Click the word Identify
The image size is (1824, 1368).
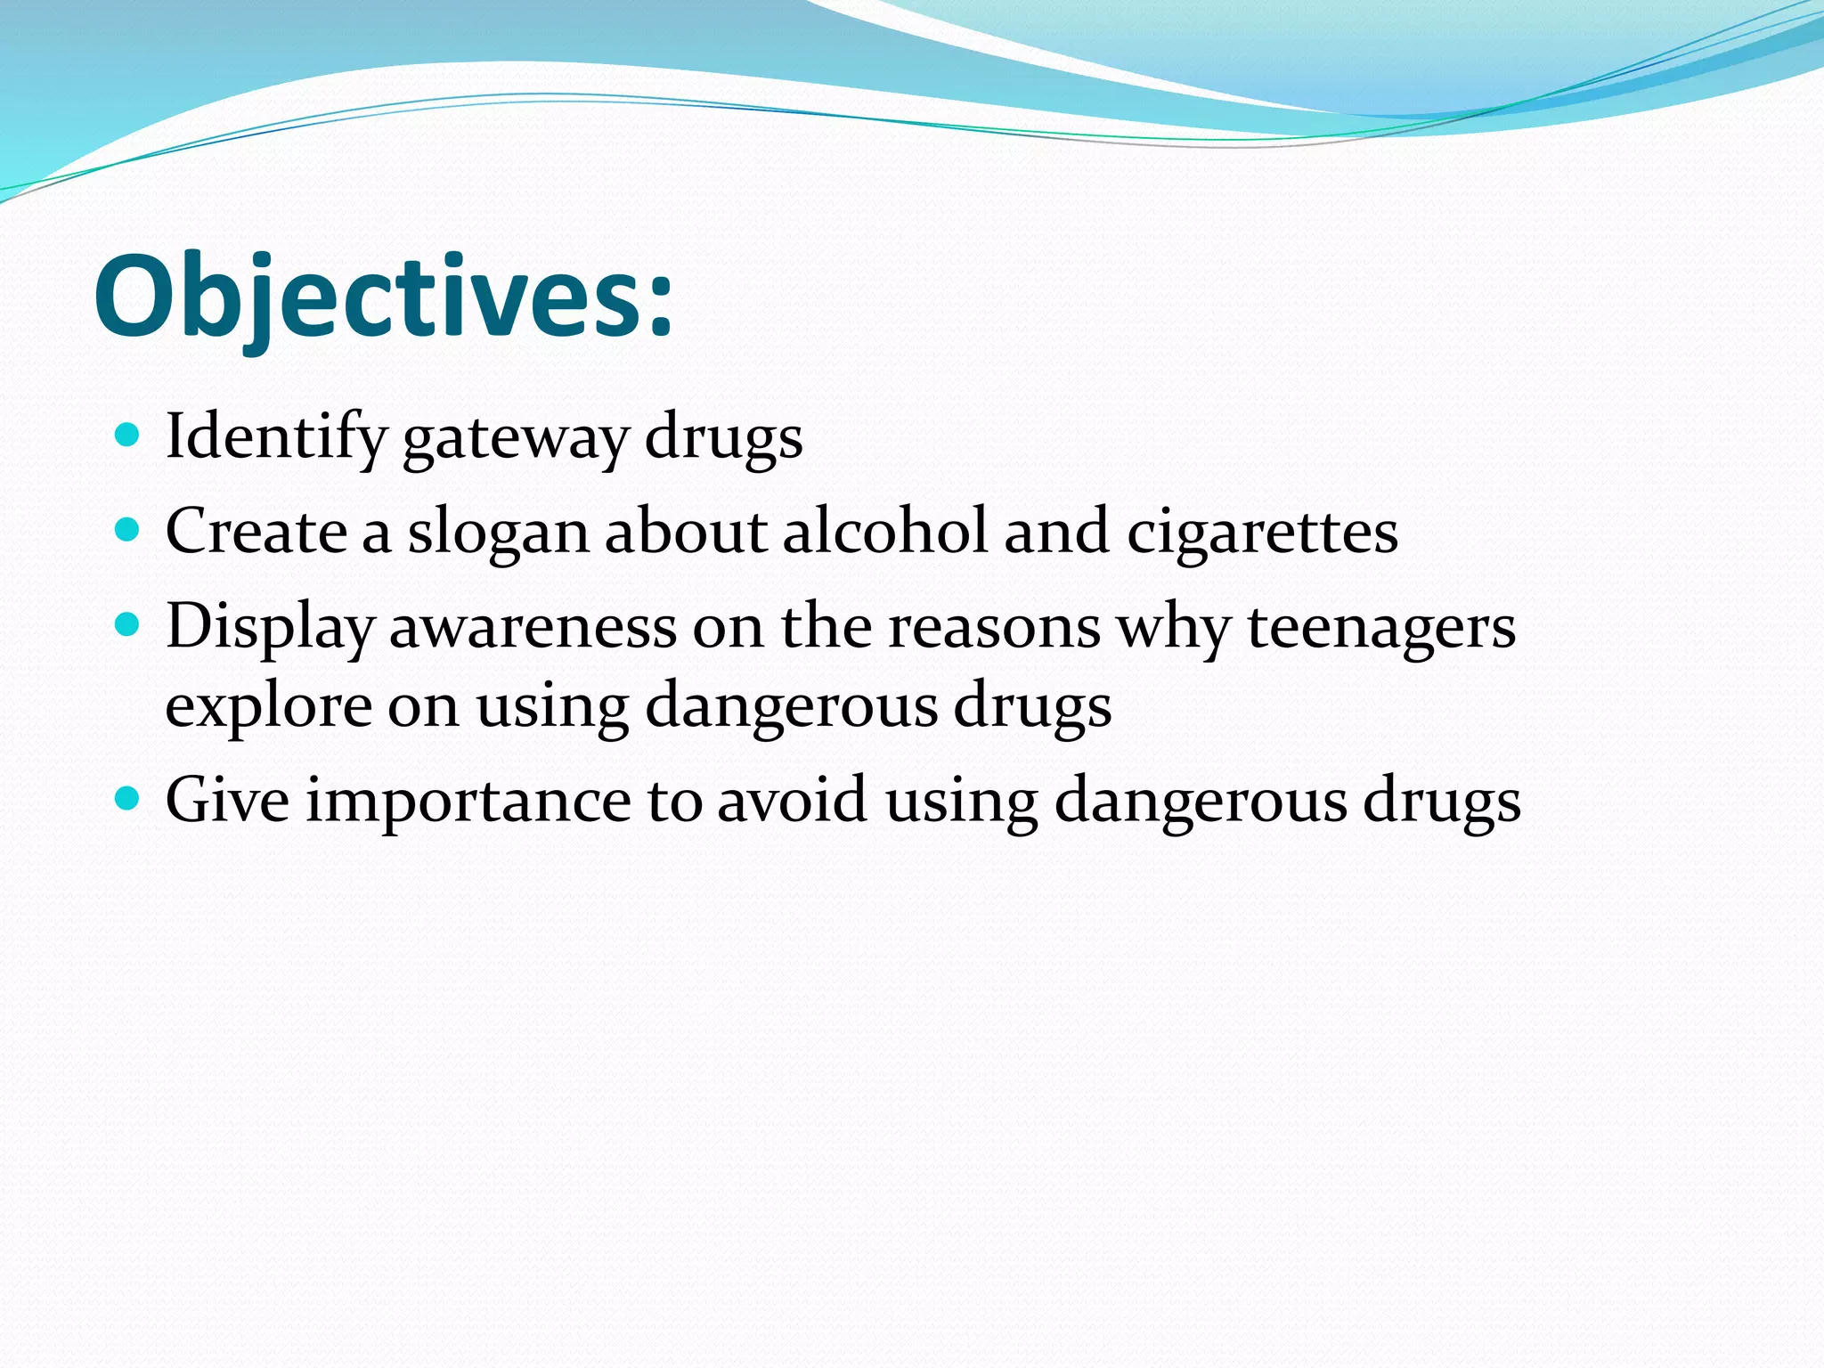tap(275, 436)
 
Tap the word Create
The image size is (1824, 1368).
tap(256, 531)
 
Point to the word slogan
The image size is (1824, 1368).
tap(499, 533)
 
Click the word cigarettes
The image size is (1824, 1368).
tap(1262, 533)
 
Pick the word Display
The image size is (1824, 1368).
tap(269, 627)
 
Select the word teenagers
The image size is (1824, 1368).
tap(1380, 627)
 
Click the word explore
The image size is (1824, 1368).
tap(268, 707)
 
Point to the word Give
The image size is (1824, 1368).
tap(227, 799)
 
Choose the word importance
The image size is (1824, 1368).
tap(468, 801)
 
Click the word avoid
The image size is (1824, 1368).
tap(792, 799)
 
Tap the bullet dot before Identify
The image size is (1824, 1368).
tap(128, 436)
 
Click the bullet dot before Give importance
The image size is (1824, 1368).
tap(128, 798)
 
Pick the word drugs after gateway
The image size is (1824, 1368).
tap(723, 438)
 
